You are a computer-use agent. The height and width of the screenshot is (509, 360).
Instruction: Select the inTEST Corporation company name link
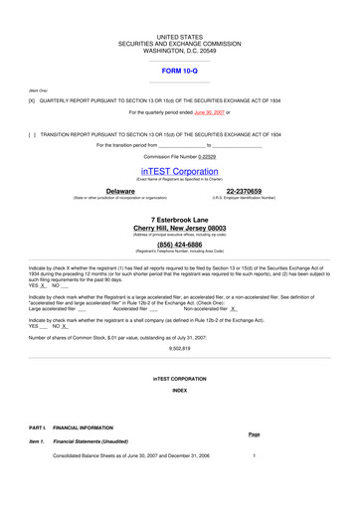click(179, 171)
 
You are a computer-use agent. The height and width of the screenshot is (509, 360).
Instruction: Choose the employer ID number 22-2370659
click(244, 190)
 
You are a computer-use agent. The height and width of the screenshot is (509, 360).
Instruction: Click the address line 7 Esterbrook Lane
click(179, 218)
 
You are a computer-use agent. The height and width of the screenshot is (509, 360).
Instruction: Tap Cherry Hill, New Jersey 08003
click(179, 228)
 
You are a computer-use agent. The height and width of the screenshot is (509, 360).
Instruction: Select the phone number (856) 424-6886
click(179, 244)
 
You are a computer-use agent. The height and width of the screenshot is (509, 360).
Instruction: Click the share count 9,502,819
click(180, 336)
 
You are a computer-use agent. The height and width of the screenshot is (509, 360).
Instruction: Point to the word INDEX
click(179, 391)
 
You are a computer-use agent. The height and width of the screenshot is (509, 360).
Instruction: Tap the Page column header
click(254, 434)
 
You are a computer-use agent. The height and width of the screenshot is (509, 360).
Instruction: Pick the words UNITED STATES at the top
click(179, 37)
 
